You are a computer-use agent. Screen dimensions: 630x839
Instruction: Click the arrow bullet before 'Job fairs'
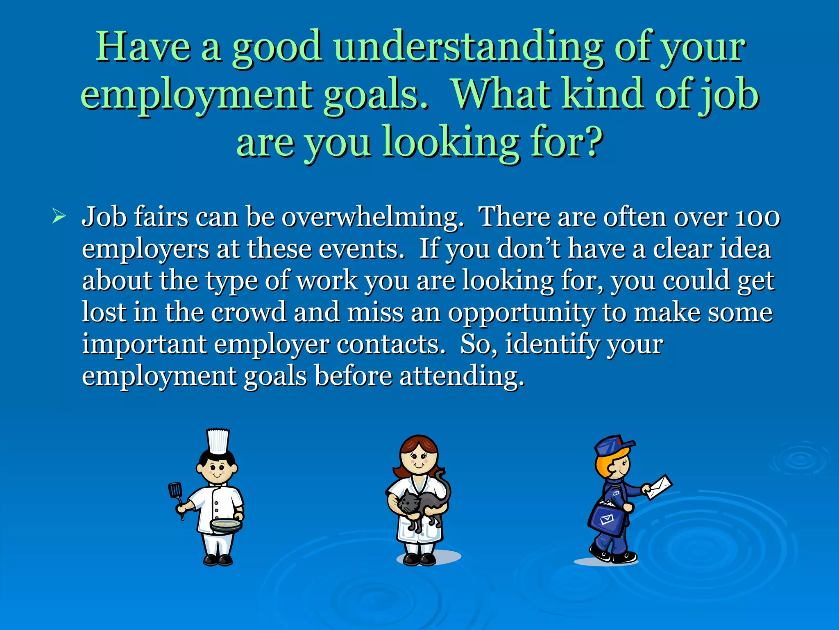59,216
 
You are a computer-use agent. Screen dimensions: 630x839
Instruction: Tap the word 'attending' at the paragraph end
461,376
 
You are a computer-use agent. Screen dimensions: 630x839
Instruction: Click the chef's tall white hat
218,441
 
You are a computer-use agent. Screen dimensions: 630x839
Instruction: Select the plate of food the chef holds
226,525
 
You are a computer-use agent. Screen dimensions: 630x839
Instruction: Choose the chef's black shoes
218,559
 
